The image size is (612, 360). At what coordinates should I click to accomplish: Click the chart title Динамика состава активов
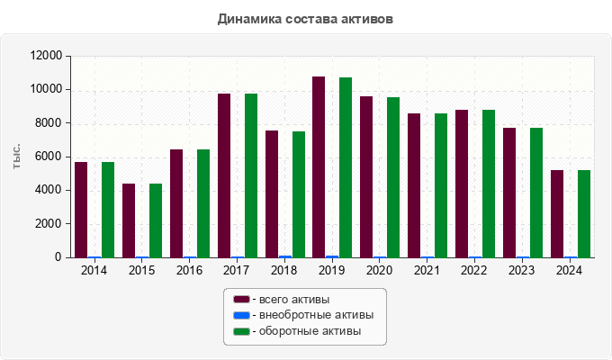(x=305, y=18)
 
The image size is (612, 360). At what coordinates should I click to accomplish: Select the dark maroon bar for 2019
(x=319, y=167)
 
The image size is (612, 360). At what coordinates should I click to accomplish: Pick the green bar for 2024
(x=584, y=213)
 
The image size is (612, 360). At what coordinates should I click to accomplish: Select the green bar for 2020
(x=393, y=177)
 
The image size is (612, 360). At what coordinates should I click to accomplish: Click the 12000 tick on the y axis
(x=45, y=56)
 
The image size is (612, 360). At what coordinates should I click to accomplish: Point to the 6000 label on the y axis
(x=48, y=157)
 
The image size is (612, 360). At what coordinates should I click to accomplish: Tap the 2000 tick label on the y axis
(x=48, y=224)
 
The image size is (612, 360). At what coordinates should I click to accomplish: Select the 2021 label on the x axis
(x=427, y=270)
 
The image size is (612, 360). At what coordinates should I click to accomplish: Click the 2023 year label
(x=523, y=270)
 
